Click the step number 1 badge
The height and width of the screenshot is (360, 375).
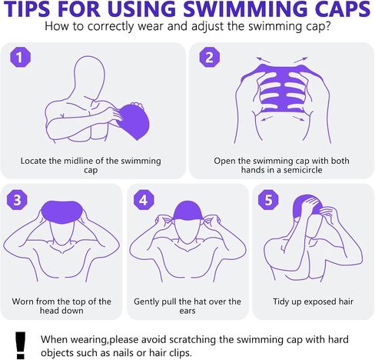pyautogui.click(x=20, y=57)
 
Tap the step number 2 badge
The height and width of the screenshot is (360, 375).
pyautogui.click(x=210, y=57)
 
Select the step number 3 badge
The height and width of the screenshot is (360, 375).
pyautogui.click(x=17, y=199)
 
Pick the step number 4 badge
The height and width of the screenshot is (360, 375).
pyautogui.click(x=144, y=199)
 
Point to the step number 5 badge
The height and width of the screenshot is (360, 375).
pyautogui.click(x=268, y=199)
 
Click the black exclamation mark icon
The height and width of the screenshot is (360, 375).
pyautogui.click(x=20, y=345)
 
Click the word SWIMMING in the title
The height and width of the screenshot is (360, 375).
pyautogui.click(x=245, y=9)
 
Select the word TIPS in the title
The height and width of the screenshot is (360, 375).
pyautogui.click(x=28, y=9)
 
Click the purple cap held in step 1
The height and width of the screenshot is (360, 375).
pyautogui.click(x=134, y=122)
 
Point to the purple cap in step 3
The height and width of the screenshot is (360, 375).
pyautogui.click(x=61, y=211)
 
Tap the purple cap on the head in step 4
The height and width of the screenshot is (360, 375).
pyautogui.click(x=187, y=211)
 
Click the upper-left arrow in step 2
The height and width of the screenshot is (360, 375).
pyautogui.click(x=264, y=60)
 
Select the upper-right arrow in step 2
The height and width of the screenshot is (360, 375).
pyautogui.click(x=300, y=60)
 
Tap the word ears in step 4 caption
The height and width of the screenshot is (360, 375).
pyautogui.click(x=187, y=311)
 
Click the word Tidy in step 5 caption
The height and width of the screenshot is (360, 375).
pyautogui.click(x=281, y=302)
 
